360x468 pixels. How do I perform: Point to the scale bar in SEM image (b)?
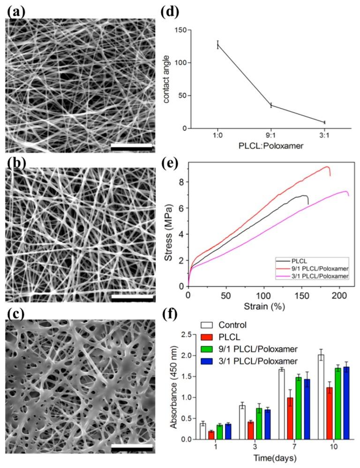pos(132,297)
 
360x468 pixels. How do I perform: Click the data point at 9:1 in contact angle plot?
pos(271,105)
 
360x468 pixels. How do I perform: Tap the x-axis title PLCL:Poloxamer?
pos(270,146)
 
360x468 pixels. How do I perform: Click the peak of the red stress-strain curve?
pos(327,166)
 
